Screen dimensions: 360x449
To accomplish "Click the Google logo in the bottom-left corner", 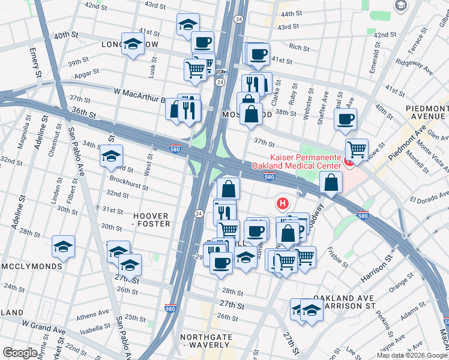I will click(20, 352).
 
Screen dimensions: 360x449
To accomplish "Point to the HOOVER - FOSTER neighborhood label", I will click(147, 219).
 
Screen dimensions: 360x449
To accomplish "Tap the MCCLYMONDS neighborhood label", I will click(31, 266).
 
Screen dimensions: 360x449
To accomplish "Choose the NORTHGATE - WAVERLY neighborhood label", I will click(206, 341).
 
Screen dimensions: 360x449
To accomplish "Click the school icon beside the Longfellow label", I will click(133, 44).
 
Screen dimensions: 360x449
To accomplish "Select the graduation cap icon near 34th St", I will click(111, 156).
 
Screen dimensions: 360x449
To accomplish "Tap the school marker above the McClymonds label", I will click(63, 247).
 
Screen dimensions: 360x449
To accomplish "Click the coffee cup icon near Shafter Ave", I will click(345, 119).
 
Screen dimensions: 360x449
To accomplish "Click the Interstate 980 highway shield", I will click(171, 308).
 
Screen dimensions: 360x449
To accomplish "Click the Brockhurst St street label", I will click(129, 183).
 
